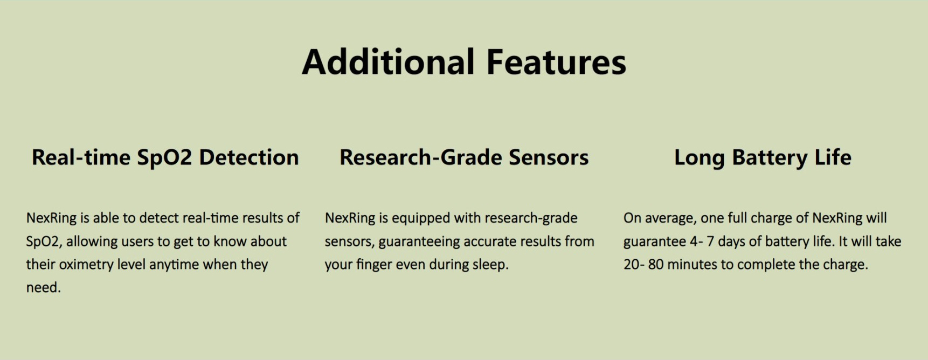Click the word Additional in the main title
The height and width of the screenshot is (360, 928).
click(x=389, y=61)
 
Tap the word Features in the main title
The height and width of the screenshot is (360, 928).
click(x=556, y=61)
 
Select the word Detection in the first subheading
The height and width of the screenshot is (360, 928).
click(x=249, y=157)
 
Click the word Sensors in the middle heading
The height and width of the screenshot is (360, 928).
click(x=549, y=157)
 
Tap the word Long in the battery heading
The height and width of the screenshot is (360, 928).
click(x=699, y=158)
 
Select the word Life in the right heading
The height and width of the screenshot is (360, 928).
click(x=833, y=157)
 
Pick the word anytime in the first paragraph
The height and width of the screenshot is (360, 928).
click(x=174, y=265)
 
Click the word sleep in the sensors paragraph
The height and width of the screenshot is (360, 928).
click(x=490, y=265)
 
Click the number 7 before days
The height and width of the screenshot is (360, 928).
click(x=710, y=241)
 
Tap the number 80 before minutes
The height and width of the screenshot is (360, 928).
click(x=656, y=265)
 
